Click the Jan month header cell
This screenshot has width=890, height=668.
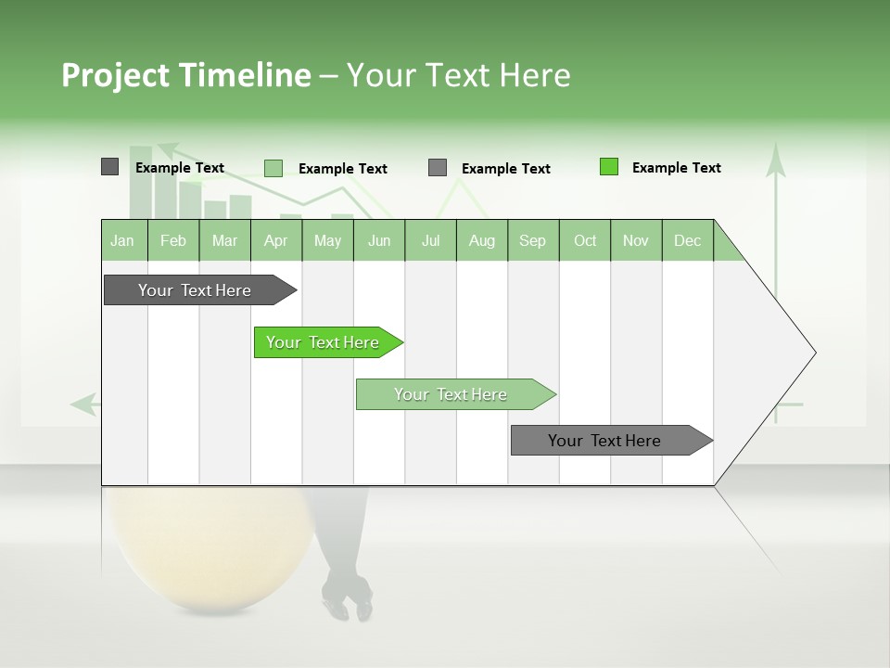123,240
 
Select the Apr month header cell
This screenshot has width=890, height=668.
276,240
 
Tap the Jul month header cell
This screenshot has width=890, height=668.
430,240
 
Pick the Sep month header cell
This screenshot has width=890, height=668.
533,240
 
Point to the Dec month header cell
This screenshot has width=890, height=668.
687,240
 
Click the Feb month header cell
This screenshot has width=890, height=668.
173,240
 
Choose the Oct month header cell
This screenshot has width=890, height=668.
585,240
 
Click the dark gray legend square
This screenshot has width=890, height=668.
109,167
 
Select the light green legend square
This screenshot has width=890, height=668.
273,168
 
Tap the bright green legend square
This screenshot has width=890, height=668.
608,167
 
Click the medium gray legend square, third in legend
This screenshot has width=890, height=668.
438,168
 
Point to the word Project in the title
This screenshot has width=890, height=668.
115,75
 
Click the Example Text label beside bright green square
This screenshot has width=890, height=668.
676,168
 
